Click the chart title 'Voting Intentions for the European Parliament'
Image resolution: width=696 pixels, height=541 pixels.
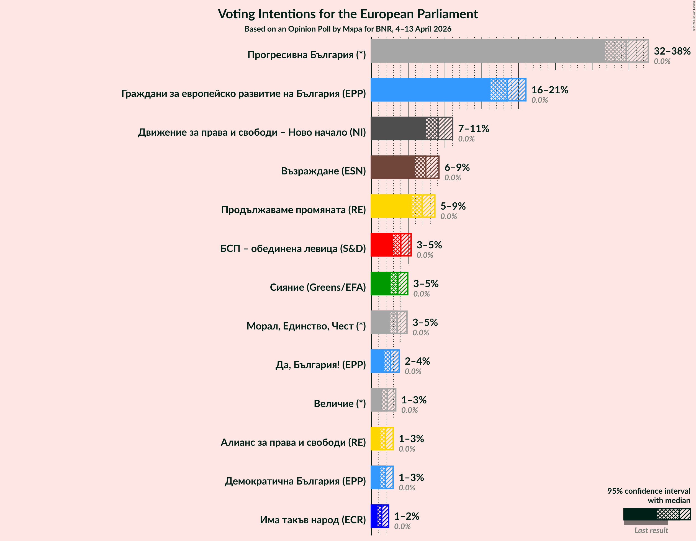coord(348,14)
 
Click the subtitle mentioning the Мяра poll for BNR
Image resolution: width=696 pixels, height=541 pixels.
coord(348,29)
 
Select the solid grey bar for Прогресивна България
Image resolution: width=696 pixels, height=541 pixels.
coord(487,51)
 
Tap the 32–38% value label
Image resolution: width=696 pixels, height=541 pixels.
coord(672,51)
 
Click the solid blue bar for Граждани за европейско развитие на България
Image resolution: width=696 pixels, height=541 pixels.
coord(430,90)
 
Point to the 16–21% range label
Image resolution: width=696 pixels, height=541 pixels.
coord(549,90)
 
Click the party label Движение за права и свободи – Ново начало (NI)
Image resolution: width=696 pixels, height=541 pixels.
coord(252,132)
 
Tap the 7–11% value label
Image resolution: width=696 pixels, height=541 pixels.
coord(473,128)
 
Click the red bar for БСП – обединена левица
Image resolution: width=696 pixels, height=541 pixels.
coord(382,245)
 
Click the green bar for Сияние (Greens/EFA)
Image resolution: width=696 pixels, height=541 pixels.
coord(381,284)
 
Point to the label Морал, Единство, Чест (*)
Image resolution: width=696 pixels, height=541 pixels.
coord(306,326)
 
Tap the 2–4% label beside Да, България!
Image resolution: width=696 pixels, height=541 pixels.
coord(417,361)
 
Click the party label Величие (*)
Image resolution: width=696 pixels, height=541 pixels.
coord(340,403)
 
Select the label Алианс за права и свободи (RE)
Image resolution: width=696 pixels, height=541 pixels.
coord(293,442)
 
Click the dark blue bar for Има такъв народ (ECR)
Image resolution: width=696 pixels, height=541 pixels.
coord(374,516)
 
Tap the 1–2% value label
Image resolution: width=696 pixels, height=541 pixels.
coord(407,516)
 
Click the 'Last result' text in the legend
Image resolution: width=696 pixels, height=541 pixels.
coord(651,530)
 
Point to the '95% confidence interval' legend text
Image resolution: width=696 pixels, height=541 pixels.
coord(649,491)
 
